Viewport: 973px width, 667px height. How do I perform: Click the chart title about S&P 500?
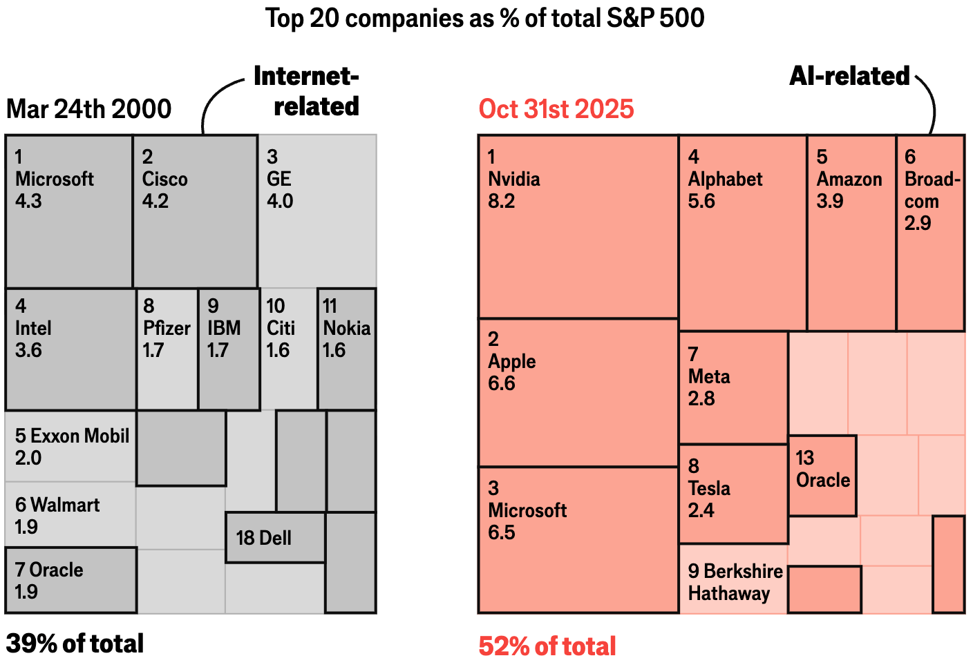point(485,18)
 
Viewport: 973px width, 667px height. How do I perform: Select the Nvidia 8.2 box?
point(578,226)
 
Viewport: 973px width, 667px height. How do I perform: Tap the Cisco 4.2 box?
point(195,211)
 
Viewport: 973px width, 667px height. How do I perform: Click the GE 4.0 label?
point(280,180)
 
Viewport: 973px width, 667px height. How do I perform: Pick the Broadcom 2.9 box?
point(930,233)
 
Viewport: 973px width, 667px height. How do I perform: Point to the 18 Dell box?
point(275,537)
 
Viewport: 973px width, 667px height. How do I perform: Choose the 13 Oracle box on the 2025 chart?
point(822,475)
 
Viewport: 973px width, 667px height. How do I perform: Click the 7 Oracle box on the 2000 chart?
point(70,580)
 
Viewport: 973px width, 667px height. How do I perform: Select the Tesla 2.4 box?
point(733,494)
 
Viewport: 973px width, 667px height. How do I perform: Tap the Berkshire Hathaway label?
point(735,582)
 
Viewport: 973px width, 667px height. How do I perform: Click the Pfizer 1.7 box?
point(167,349)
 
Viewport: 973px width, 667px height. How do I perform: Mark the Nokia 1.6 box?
point(347,349)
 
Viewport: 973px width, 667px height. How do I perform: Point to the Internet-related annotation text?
point(307,91)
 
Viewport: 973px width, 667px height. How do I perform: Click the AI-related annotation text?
point(849,76)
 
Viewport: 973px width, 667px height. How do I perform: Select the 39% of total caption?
point(75,644)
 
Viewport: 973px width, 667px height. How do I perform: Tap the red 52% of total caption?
point(547,646)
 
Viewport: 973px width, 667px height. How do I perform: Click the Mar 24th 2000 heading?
point(88,109)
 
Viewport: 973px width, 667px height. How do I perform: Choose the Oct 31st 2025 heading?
point(556,109)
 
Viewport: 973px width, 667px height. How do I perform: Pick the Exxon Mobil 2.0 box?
point(70,446)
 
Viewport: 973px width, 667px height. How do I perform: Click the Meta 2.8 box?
point(733,387)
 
